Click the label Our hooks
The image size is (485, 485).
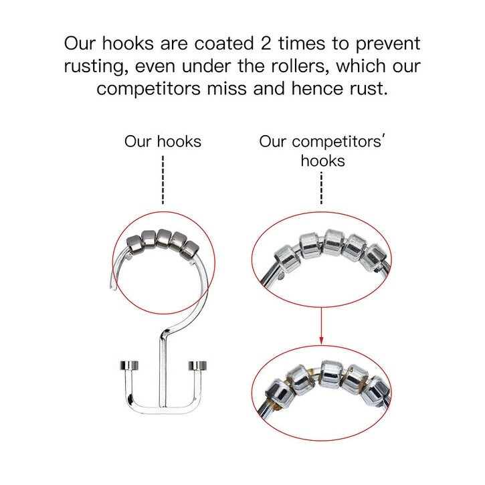tap(163, 141)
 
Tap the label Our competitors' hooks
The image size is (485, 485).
tap(323, 151)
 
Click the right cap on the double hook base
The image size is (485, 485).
tap(197, 365)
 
